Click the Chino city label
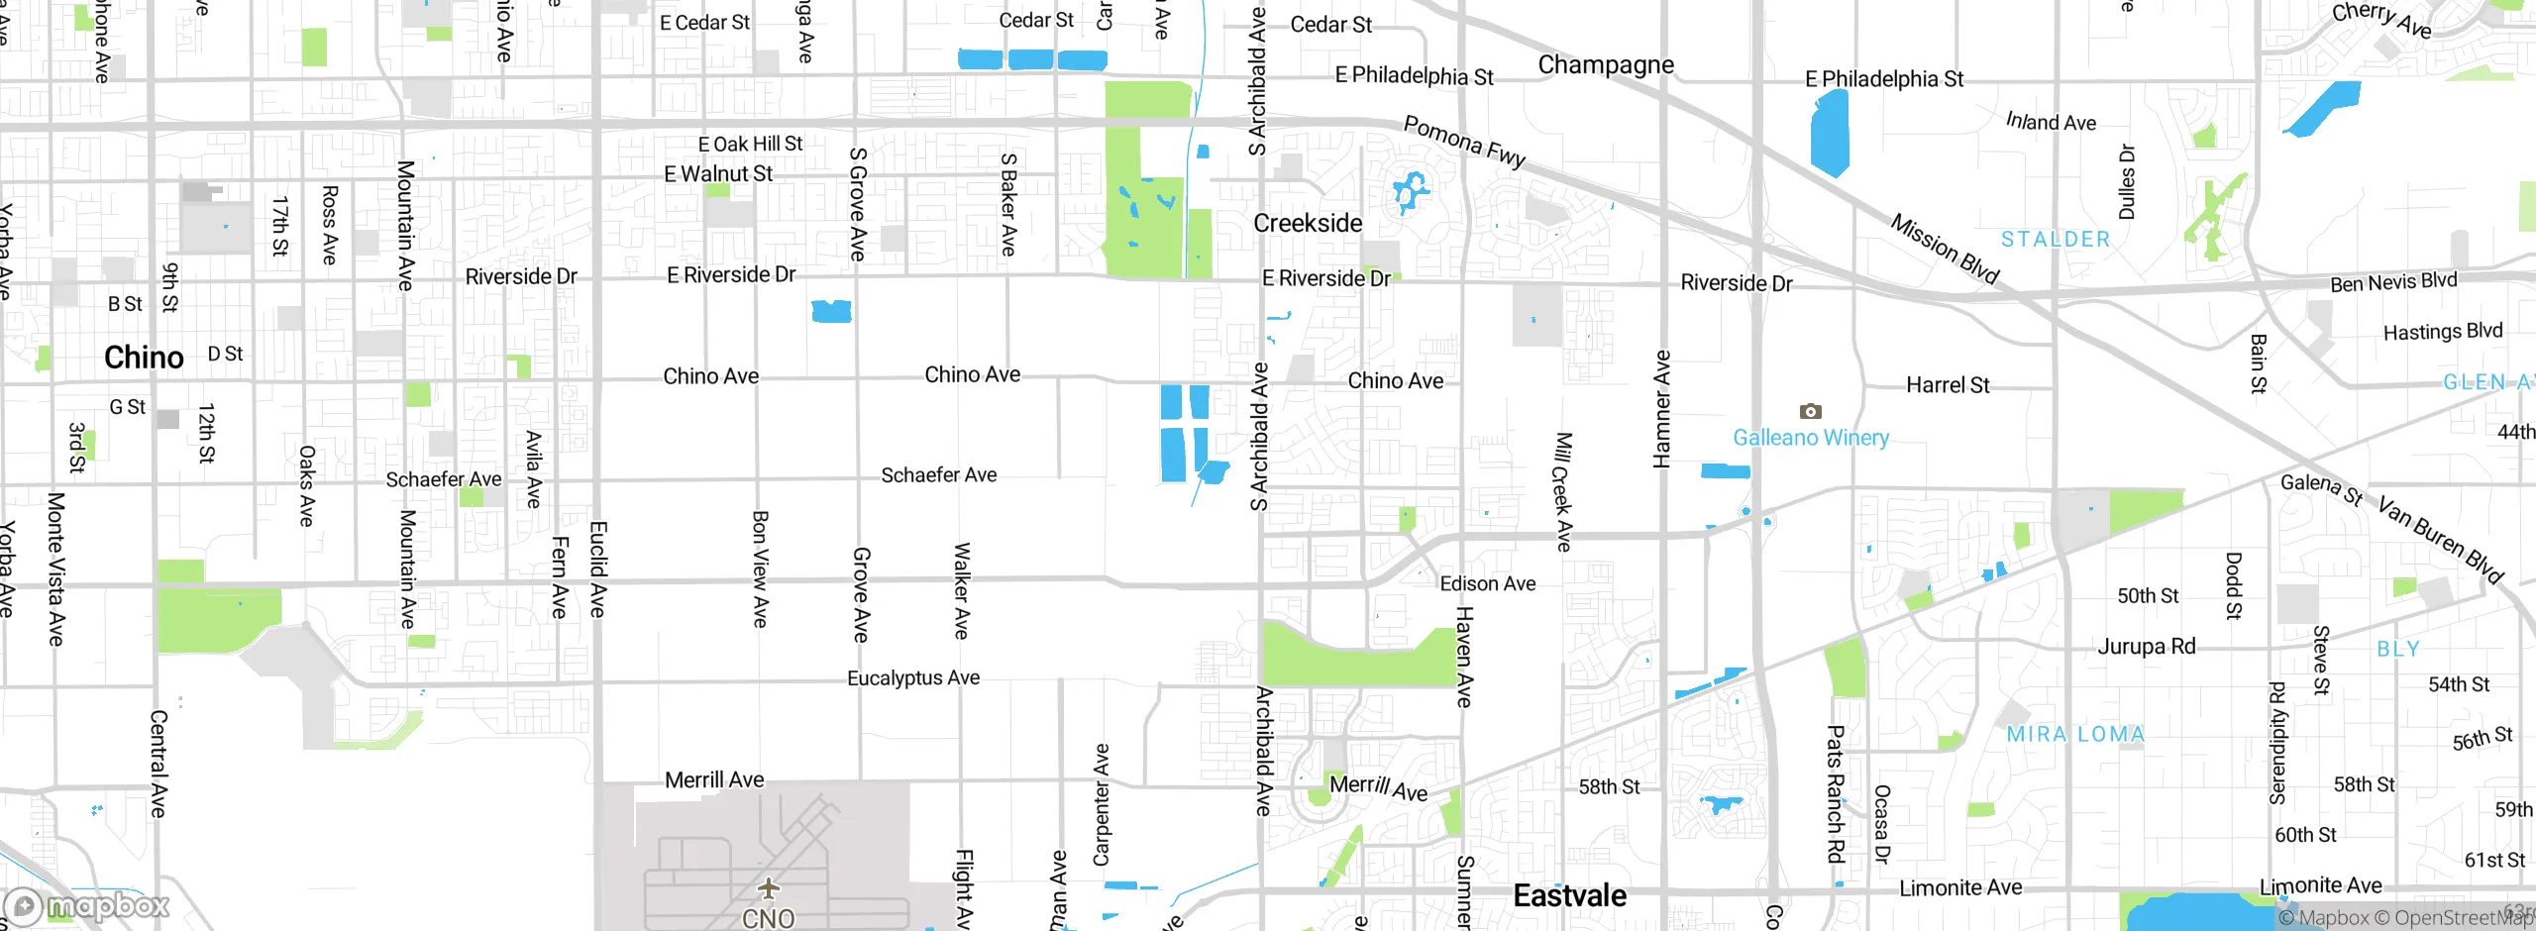(x=144, y=358)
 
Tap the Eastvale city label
(x=1569, y=896)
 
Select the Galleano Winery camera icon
(x=1810, y=411)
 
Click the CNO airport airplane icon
(x=768, y=887)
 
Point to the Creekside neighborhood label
(x=1308, y=224)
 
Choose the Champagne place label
(x=1605, y=65)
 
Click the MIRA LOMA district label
(x=2075, y=734)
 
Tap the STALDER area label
(x=2056, y=240)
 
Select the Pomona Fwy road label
(x=1464, y=142)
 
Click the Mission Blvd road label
(x=1944, y=249)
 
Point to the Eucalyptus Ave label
(x=912, y=678)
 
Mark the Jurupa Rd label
(x=2146, y=647)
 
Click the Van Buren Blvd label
(x=2440, y=541)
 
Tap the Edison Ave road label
(x=1487, y=584)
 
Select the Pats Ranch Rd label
(x=1835, y=792)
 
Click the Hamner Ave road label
(x=1662, y=408)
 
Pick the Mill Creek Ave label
(x=1562, y=491)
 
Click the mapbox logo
(x=86, y=905)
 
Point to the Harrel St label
(x=1947, y=385)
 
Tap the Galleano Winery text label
(x=1810, y=438)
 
